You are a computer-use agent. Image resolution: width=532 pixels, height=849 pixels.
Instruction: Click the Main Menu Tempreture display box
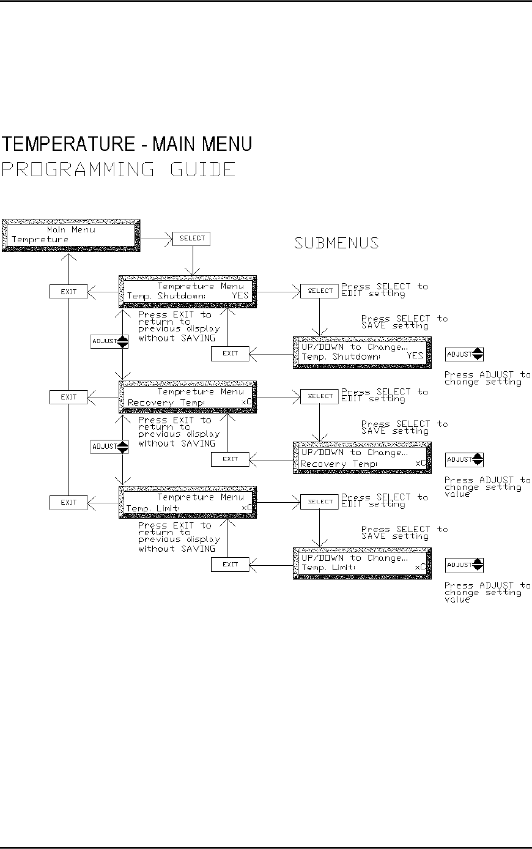pyautogui.click(x=72, y=235)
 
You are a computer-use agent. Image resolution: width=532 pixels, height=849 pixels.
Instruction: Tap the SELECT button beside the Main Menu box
pyautogui.click(x=191, y=239)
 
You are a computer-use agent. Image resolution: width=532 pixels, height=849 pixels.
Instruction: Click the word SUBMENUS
pyautogui.click(x=336, y=243)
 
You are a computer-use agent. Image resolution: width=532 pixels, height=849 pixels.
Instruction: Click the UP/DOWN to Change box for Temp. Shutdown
pyautogui.click(x=361, y=352)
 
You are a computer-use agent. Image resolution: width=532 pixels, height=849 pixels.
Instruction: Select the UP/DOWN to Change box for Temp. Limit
pyautogui.click(x=361, y=563)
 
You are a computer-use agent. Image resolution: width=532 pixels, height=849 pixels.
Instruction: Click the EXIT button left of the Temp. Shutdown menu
pyautogui.click(x=68, y=292)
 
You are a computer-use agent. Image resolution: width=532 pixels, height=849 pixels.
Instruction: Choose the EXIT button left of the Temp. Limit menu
pyautogui.click(x=68, y=503)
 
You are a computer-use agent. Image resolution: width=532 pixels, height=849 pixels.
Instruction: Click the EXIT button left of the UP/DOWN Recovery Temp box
pyautogui.click(x=230, y=459)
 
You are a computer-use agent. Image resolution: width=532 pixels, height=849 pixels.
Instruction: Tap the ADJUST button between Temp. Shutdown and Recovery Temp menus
pyautogui.click(x=109, y=341)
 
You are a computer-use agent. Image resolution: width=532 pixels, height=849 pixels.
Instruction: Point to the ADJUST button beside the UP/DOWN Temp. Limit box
pyautogui.click(x=464, y=565)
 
